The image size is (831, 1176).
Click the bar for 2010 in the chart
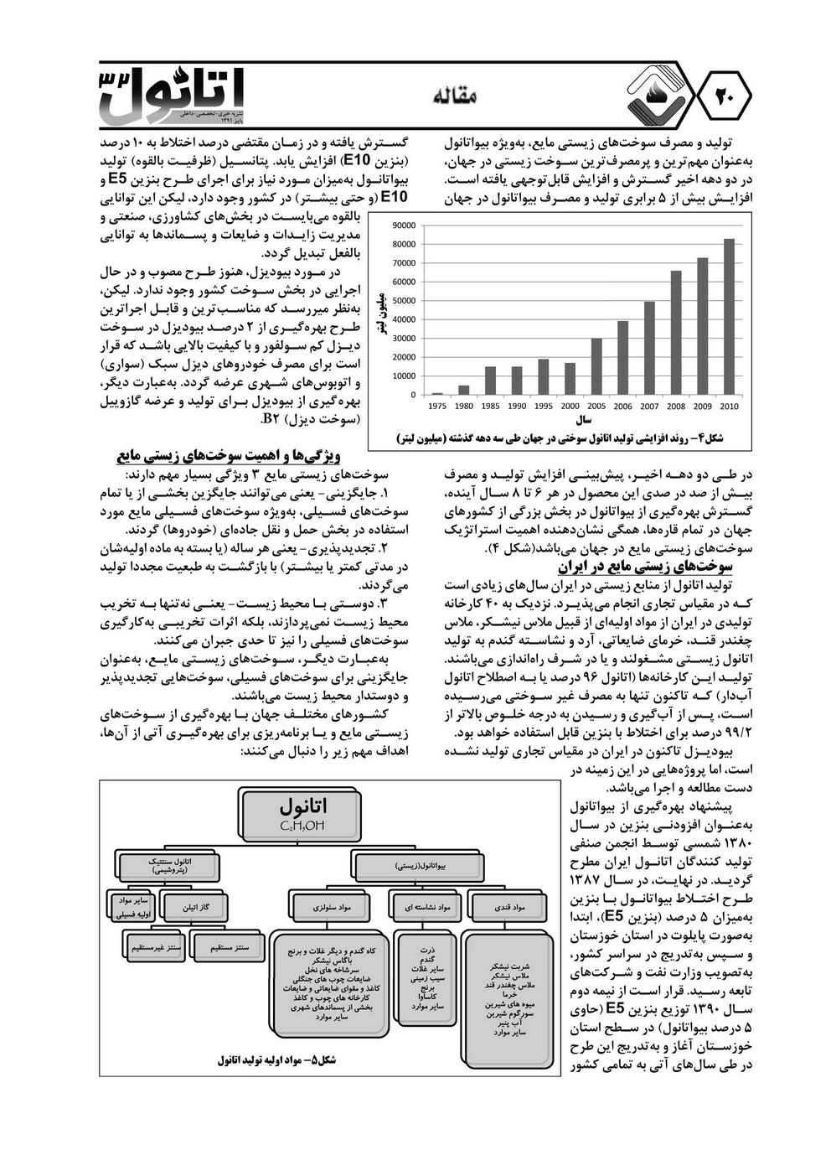click(x=729, y=317)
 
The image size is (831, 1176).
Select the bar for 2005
click(x=596, y=366)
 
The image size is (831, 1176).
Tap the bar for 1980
click(x=464, y=390)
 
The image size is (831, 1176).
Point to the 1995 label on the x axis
click(x=543, y=407)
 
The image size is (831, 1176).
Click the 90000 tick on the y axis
click(x=404, y=225)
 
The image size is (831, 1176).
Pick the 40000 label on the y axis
click(x=404, y=319)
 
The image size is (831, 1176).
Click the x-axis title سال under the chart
click(x=584, y=419)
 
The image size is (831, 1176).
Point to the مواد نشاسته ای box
click(x=428, y=907)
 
